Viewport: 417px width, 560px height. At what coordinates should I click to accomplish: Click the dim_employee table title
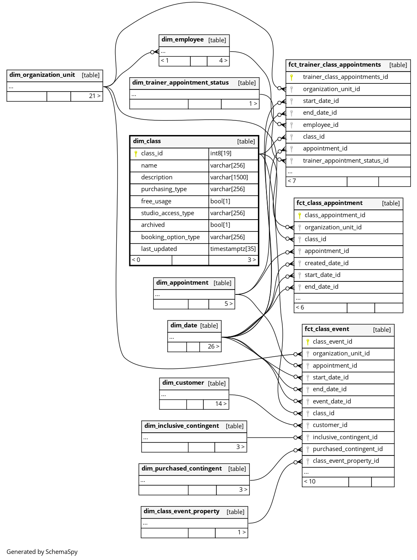click(182, 40)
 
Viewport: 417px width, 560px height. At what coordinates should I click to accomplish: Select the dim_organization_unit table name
click(42, 75)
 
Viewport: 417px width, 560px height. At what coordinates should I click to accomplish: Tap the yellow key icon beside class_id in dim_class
click(136, 154)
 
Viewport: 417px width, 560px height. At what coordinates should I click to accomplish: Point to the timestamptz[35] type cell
click(233, 249)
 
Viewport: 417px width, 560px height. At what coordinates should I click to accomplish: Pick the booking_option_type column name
click(170, 237)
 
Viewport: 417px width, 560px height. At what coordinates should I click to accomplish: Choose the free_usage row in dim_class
click(156, 201)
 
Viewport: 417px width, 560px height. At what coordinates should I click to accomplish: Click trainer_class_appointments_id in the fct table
click(345, 77)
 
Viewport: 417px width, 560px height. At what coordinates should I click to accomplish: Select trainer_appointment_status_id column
click(345, 161)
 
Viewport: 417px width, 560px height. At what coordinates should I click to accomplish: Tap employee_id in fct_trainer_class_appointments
click(321, 125)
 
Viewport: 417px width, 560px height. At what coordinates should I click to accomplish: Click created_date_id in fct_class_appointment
click(326, 263)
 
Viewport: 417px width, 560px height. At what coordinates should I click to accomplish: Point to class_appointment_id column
click(335, 215)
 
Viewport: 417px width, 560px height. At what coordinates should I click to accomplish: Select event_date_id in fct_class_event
click(332, 401)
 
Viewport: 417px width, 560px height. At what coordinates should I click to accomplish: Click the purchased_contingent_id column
click(347, 449)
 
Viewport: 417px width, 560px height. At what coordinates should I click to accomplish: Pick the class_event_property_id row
click(346, 461)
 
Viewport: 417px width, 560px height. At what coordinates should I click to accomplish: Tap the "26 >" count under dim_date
click(214, 346)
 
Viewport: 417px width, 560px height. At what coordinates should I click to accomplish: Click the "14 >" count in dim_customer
click(221, 404)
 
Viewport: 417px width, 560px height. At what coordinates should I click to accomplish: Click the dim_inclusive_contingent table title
click(181, 426)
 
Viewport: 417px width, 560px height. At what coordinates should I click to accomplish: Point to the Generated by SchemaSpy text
click(42, 552)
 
